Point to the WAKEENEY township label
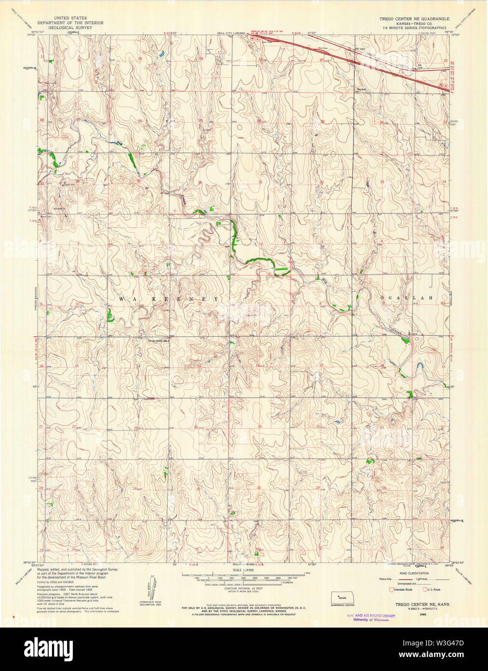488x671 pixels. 169,299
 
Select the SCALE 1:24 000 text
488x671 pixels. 244,570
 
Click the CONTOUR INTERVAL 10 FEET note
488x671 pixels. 244,588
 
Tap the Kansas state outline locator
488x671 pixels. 342,597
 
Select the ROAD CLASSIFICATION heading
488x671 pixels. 414,573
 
